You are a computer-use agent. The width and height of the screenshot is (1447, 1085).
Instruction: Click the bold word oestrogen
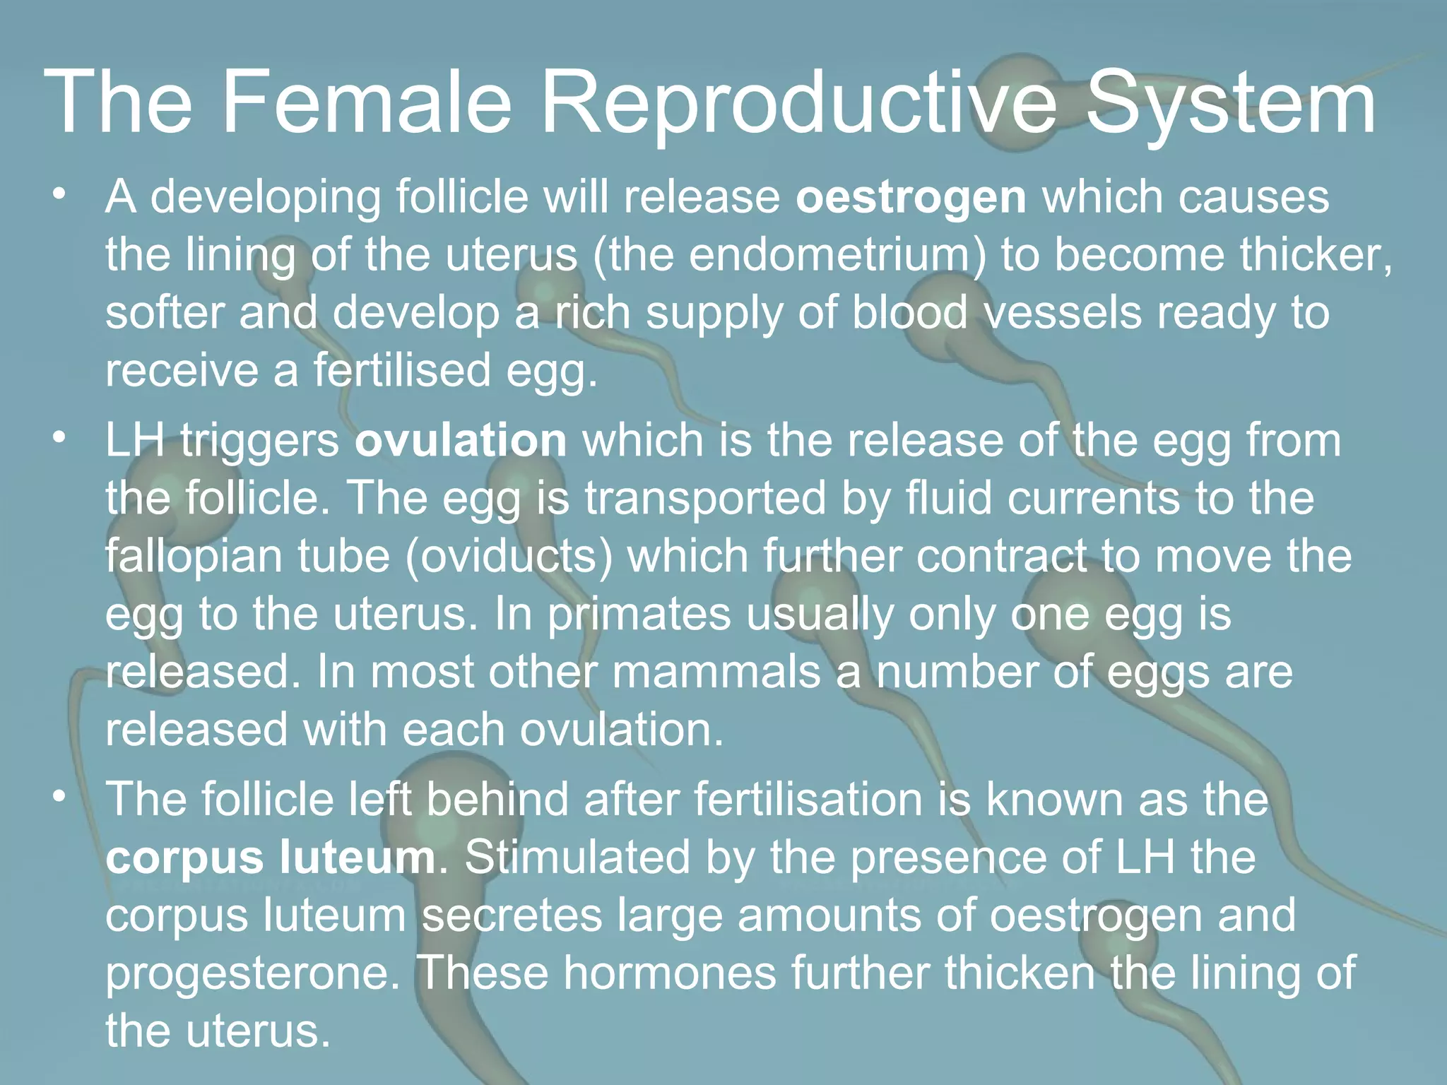point(911,197)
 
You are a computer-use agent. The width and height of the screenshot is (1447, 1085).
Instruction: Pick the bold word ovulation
point(461,441)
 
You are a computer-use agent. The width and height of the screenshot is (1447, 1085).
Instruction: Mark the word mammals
point(716,672)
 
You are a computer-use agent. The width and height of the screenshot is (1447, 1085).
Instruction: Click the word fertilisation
point(808,800)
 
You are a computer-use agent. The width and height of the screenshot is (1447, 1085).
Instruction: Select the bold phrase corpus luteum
point(271,859)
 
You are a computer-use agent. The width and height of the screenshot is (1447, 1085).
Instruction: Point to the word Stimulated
point(577,858)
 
